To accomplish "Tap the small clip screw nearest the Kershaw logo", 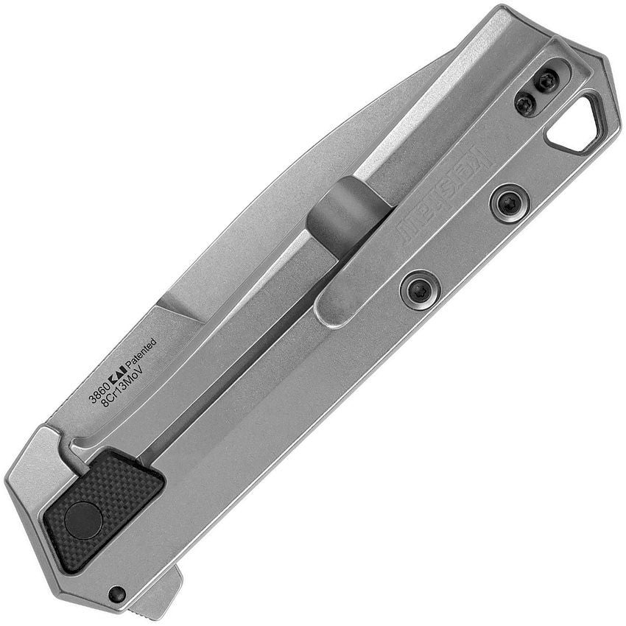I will [x=525, y=105].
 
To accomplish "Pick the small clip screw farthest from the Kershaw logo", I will [x=546, y=81].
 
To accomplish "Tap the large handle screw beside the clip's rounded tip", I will [x=420, y=286].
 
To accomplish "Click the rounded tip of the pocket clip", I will [x=331, y=310].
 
